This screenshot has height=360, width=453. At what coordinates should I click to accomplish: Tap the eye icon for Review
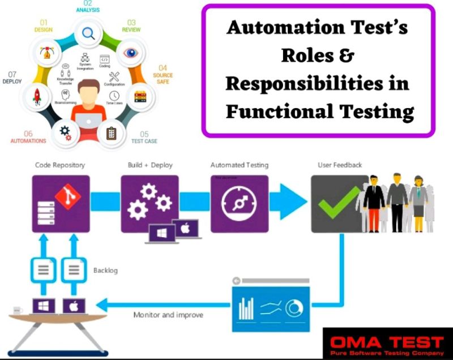click(131, 53)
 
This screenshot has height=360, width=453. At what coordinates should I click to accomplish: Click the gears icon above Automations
click(64, 132)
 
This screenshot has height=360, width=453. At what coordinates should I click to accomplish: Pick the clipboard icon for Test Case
click(111, 134)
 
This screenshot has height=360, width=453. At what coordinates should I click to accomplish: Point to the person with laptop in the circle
click(87, 108)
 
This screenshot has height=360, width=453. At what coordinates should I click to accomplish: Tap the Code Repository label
click(60, 165)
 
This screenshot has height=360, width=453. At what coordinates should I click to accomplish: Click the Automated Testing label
click(240, 165)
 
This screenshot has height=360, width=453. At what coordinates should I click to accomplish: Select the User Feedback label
click(340, 165)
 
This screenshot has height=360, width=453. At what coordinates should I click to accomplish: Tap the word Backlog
click(105, 271)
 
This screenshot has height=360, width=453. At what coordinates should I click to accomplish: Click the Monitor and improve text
click(164, 315)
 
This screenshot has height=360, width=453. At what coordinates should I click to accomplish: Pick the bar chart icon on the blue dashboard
click(246, 308)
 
